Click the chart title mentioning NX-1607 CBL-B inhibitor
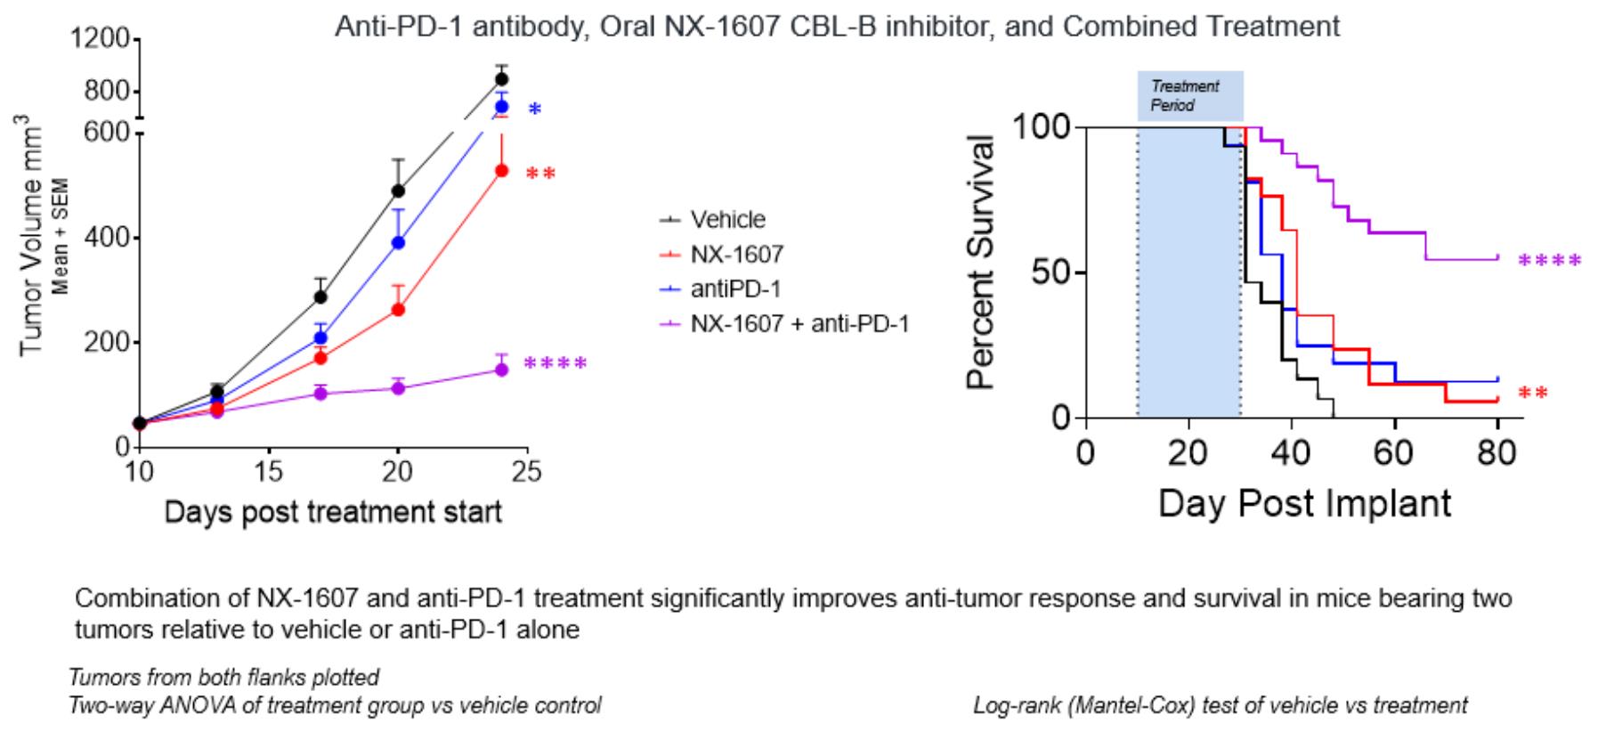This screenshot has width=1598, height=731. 837,27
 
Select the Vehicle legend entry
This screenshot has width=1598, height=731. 727,220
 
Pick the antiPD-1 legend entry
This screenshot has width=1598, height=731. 727,289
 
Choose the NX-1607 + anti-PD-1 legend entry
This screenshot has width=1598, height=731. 799,324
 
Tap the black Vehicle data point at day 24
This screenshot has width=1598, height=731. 501,79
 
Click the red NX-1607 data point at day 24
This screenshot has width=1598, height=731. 501,170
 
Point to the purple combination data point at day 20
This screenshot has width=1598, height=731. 398,387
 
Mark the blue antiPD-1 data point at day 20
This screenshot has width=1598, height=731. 398,242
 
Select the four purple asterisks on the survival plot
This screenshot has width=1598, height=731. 1549,262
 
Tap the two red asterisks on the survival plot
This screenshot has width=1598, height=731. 1533,393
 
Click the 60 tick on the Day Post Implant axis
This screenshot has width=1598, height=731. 1393,453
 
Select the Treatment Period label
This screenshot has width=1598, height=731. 1184,95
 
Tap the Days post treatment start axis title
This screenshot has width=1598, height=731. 333,512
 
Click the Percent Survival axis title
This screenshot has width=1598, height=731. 980,263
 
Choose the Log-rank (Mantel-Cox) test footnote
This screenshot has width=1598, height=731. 1220,706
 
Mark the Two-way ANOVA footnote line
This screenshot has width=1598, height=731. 336,706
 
